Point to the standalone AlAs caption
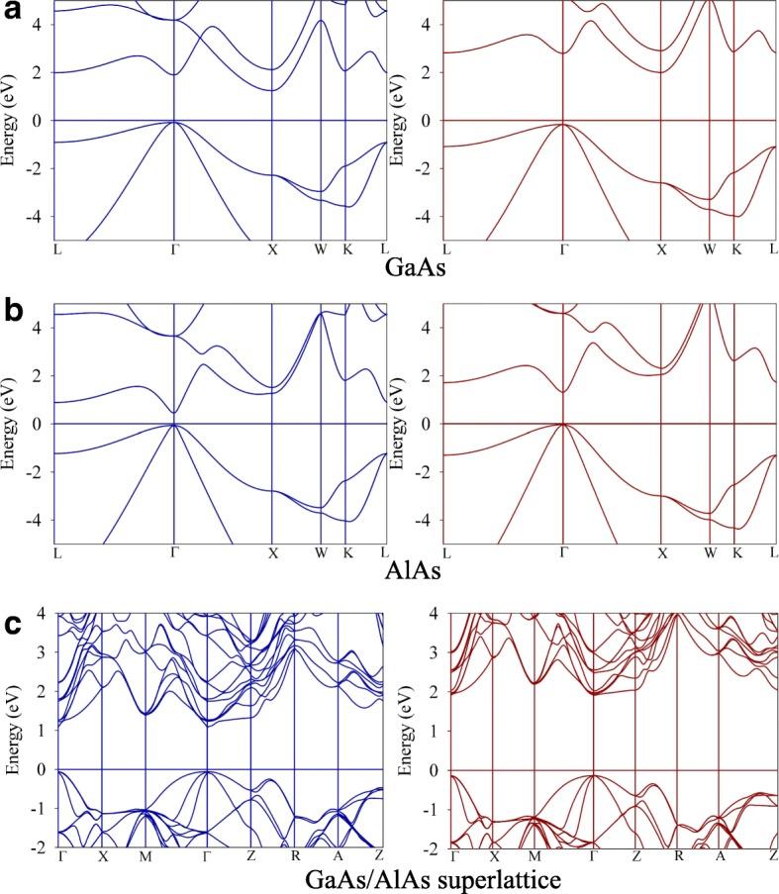point(410,571)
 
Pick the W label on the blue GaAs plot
point(321,248)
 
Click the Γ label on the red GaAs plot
point(563,248)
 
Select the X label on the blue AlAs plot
point(272,551)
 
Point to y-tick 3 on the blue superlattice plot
point(44,653)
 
